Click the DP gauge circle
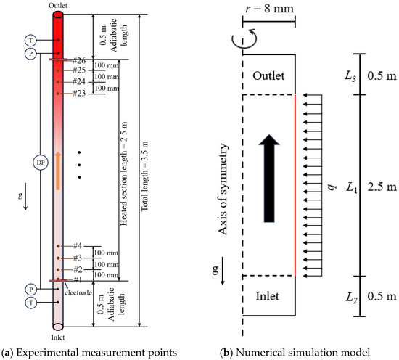click(41, 163)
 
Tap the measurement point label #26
click(79, 60)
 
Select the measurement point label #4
click(78, 246)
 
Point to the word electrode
click(78, 292)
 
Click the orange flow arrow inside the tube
click(58, 171)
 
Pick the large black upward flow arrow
click(269, 179)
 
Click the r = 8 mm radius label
click(269, 9)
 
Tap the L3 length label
click(350, 76)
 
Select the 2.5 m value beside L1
click(382, 187)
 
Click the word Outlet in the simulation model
click(268, 75)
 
